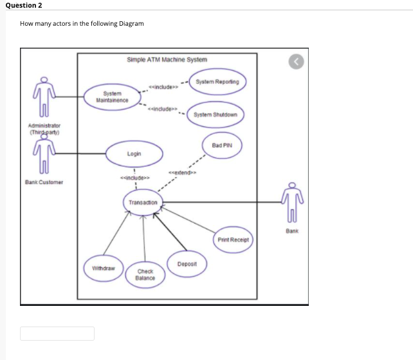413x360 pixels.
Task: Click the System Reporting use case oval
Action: [217, 82]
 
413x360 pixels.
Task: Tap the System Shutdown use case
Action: [215, 115]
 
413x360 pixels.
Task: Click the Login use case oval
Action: [134, 155]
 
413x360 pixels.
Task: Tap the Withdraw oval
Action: [100, 267]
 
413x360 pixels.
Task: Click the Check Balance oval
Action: [145, 275]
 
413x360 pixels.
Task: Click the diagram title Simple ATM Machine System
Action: [167, 59]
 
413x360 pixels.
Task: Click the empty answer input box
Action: [57, 333]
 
